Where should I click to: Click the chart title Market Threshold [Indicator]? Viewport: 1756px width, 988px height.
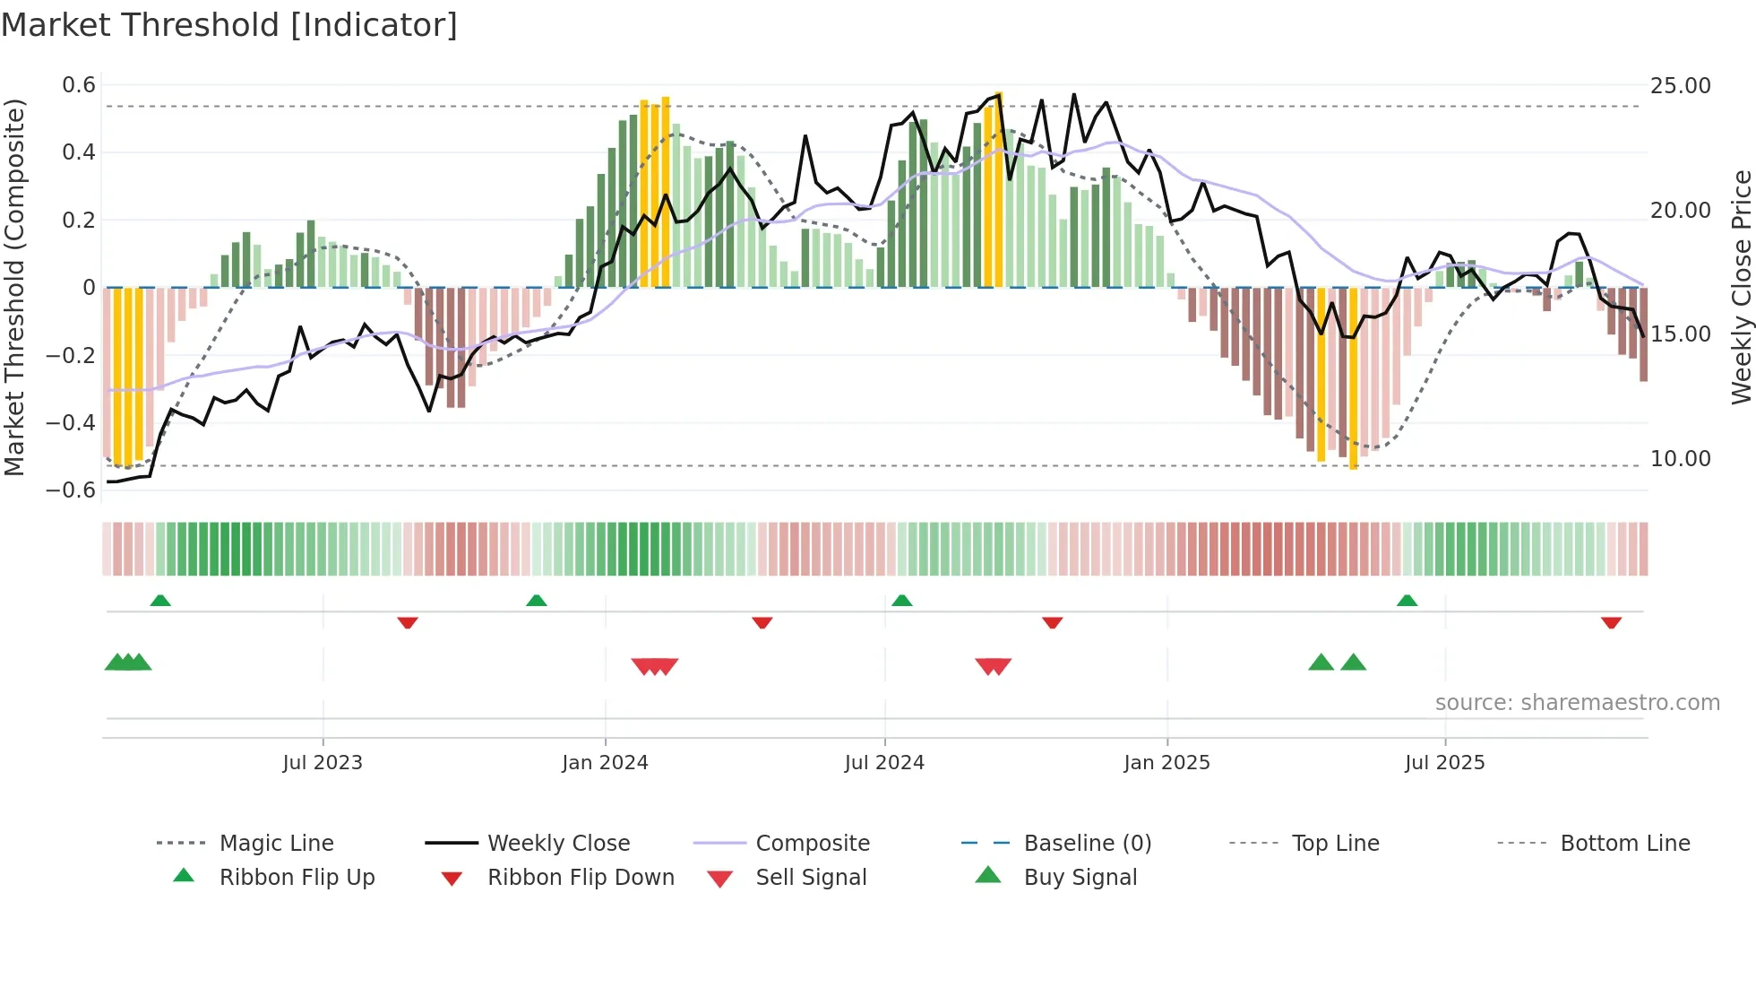[x=229, y=25]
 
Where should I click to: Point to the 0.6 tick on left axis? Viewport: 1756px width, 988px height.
[x=79, y=85]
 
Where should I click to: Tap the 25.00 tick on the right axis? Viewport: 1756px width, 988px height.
[x=1680, y=86]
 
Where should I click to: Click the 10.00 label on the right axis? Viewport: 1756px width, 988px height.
[x=1680, y=459]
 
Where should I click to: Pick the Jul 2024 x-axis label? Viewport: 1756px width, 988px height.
[x=883, y=763]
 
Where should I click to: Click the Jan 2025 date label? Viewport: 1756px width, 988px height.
[x=1166, y=763]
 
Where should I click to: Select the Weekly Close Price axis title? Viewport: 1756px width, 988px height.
[x=1740, y=287]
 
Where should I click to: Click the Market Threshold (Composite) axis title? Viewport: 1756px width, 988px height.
[x=14, y=287]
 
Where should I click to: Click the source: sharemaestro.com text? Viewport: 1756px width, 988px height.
[x=1577, y=703]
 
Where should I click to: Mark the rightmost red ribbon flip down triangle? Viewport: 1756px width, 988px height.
[x=1611, y=622]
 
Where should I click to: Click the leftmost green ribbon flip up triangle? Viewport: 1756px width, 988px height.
[x=160, y=601]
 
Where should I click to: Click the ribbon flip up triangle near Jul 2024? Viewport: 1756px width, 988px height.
[x=901, y=601]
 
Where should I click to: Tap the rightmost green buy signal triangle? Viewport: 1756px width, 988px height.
[x=1353, y=663]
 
